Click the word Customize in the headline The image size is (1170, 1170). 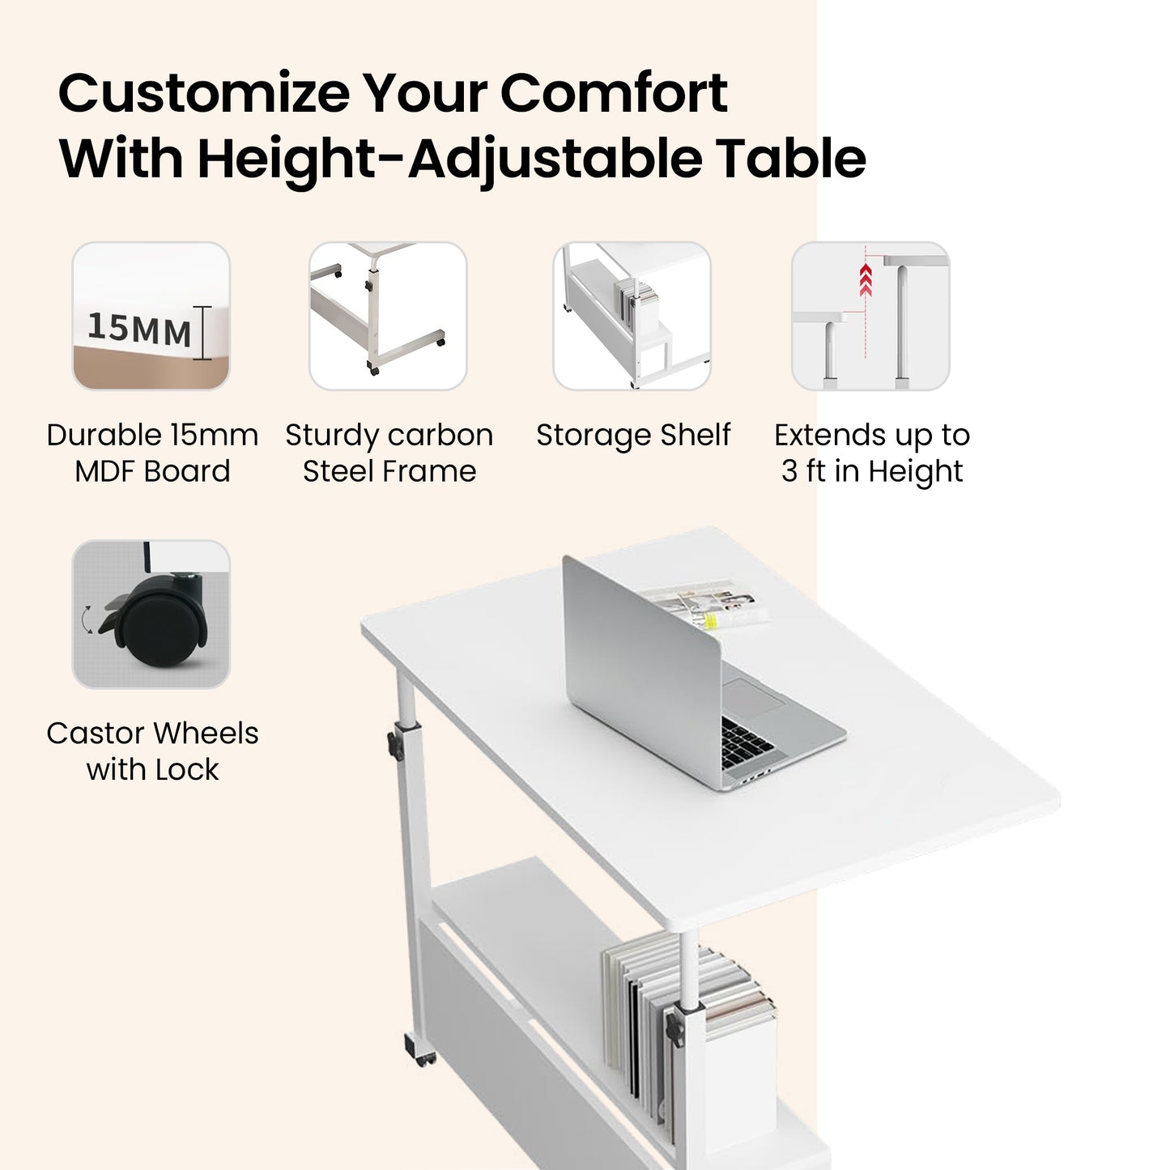pyautogui.click(x=204, y=93)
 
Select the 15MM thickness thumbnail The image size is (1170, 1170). pyautogui.click(x=151, y=317)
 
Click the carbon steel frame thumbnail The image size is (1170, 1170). pyautogui.click(x=388, y=317)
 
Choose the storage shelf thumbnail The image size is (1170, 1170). pyautogui.click(x=632, y=317)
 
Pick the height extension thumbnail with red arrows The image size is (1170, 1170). pyautogui.click(x=870, y=317)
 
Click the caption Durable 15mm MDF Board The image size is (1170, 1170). pyautogui.click(x=152, y=453)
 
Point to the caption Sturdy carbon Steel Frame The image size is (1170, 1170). pyautogui.click(x=389, y=453)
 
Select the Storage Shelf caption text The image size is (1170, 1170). pyautogui.click(x=633, y=436)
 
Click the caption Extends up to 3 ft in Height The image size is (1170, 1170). pyautogui.click(x=872, y=453)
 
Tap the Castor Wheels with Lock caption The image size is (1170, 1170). pyautogui.click(x=152, y=751)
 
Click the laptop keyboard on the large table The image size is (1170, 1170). pyautogui.click(x=748, y=742)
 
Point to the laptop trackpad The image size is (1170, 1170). pyautogui.click(x=752, y=699)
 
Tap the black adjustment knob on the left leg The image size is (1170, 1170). pyautogui.click(x=395, y=744)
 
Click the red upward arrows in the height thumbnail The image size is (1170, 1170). pyautogui.click(x=866, y=280)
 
